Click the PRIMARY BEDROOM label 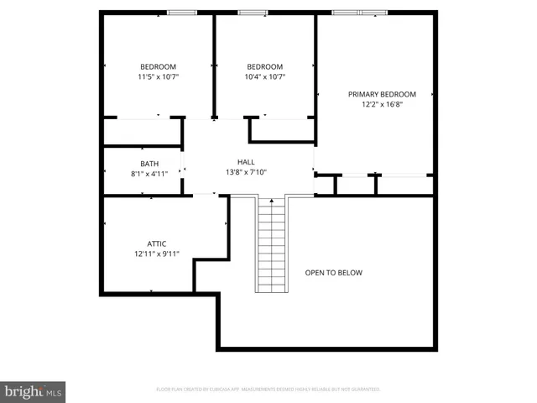(382, 94)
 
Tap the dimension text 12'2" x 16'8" (382, 105)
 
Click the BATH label (149, 164)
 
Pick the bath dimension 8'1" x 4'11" (149, 174)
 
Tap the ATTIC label (156, 243)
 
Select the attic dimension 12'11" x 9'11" (156, 254)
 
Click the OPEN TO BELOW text (334, 273)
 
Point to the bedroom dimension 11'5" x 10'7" (158, 77)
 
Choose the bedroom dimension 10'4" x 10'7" (264, 77)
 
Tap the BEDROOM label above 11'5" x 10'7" (158, 67)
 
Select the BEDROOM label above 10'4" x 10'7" (264, 67)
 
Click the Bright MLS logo (34, 391)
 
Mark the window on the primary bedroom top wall (359, 13)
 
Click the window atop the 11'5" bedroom (182, 13)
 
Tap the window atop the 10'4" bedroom (251, 13)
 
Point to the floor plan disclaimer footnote (268, 390)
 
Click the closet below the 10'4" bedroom (282, 129)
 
